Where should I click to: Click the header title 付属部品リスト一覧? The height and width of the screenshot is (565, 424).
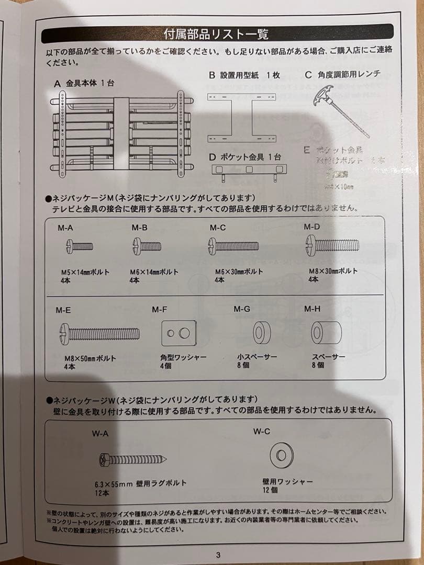click(216, 35)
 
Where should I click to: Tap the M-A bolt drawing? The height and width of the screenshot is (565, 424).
click(80, 246)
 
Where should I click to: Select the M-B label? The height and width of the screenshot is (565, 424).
click(139, 228)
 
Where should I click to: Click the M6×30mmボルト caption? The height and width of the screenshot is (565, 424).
click(239, 272)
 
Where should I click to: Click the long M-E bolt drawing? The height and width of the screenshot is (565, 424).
click(100, 333)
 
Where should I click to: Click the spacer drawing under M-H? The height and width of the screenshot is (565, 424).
click(326, 332)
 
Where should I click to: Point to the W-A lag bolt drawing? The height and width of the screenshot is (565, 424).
click(132, 459)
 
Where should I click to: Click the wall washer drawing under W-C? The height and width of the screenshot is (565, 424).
click(282, 456)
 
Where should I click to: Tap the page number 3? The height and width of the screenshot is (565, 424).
click(218, 555)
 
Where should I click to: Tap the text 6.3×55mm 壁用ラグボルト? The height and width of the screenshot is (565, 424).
click(140, 483)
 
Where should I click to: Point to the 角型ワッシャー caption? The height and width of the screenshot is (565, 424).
click(183, 357)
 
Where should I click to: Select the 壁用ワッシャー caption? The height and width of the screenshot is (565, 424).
click(288, 481)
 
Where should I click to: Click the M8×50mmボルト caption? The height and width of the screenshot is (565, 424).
click(90, 358)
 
